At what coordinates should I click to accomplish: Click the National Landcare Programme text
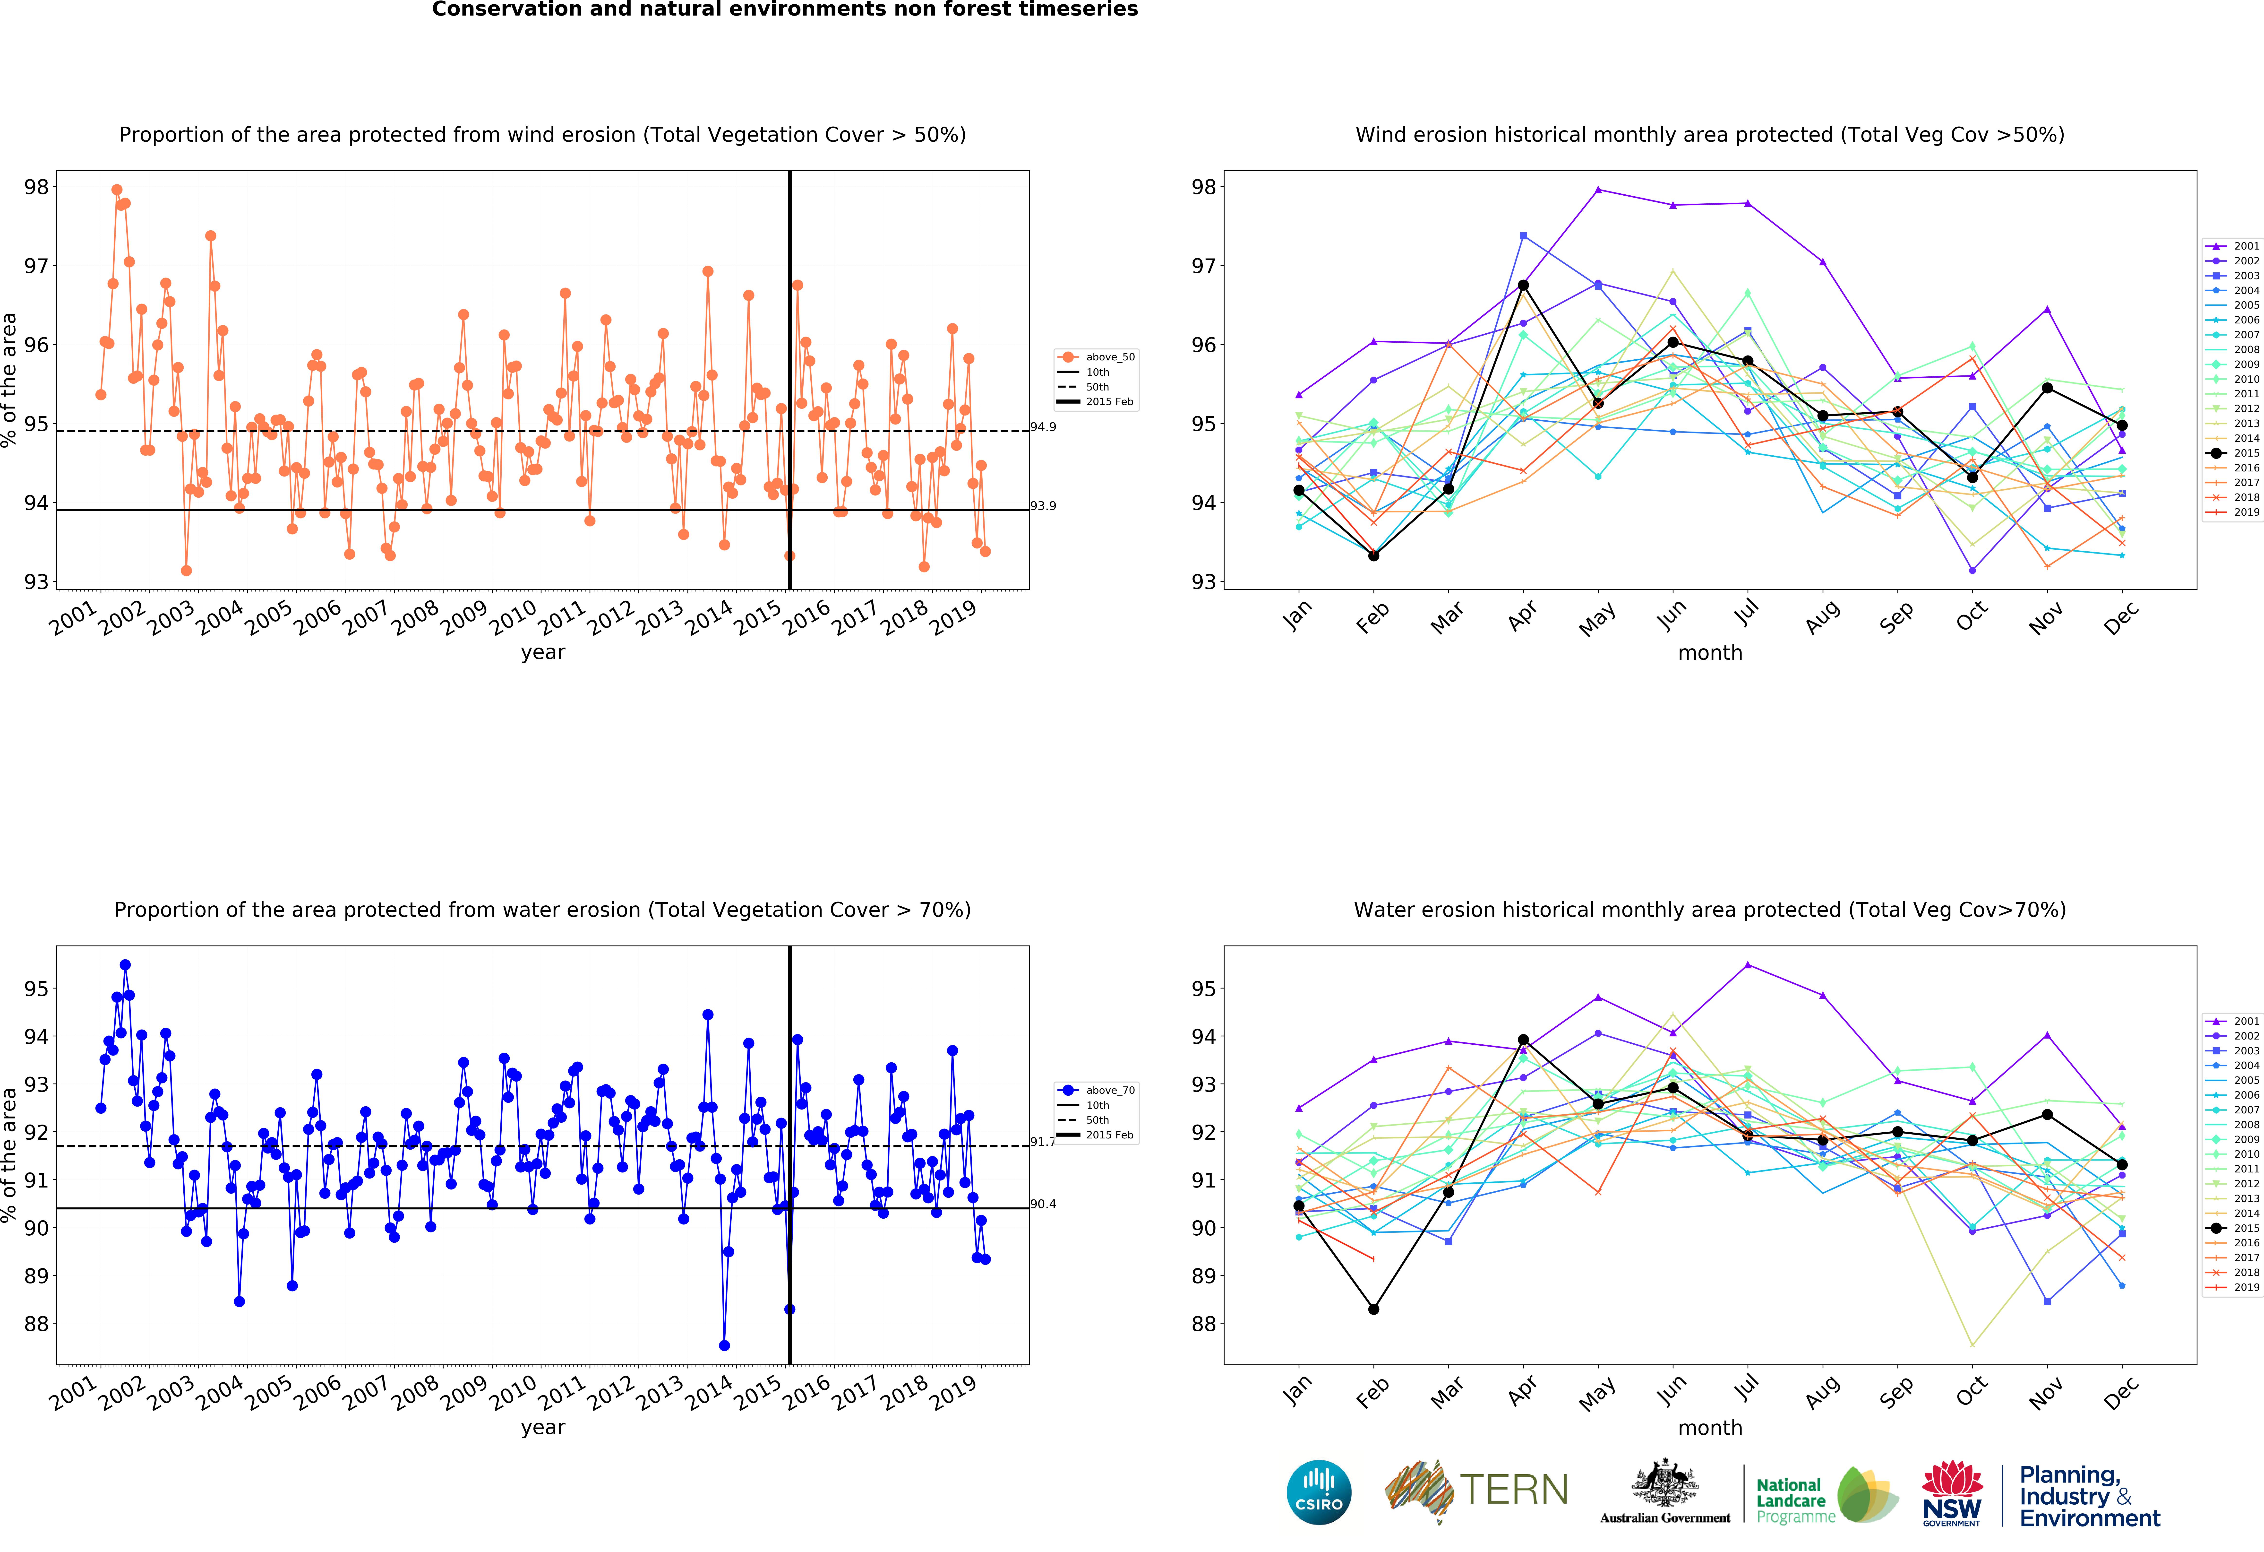(1790, 1500)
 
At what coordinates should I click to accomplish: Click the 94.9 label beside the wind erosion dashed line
(1043, 427)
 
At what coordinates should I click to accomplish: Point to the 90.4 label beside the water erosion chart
(1043, 1204)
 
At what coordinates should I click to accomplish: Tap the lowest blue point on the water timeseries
(724, 1345)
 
